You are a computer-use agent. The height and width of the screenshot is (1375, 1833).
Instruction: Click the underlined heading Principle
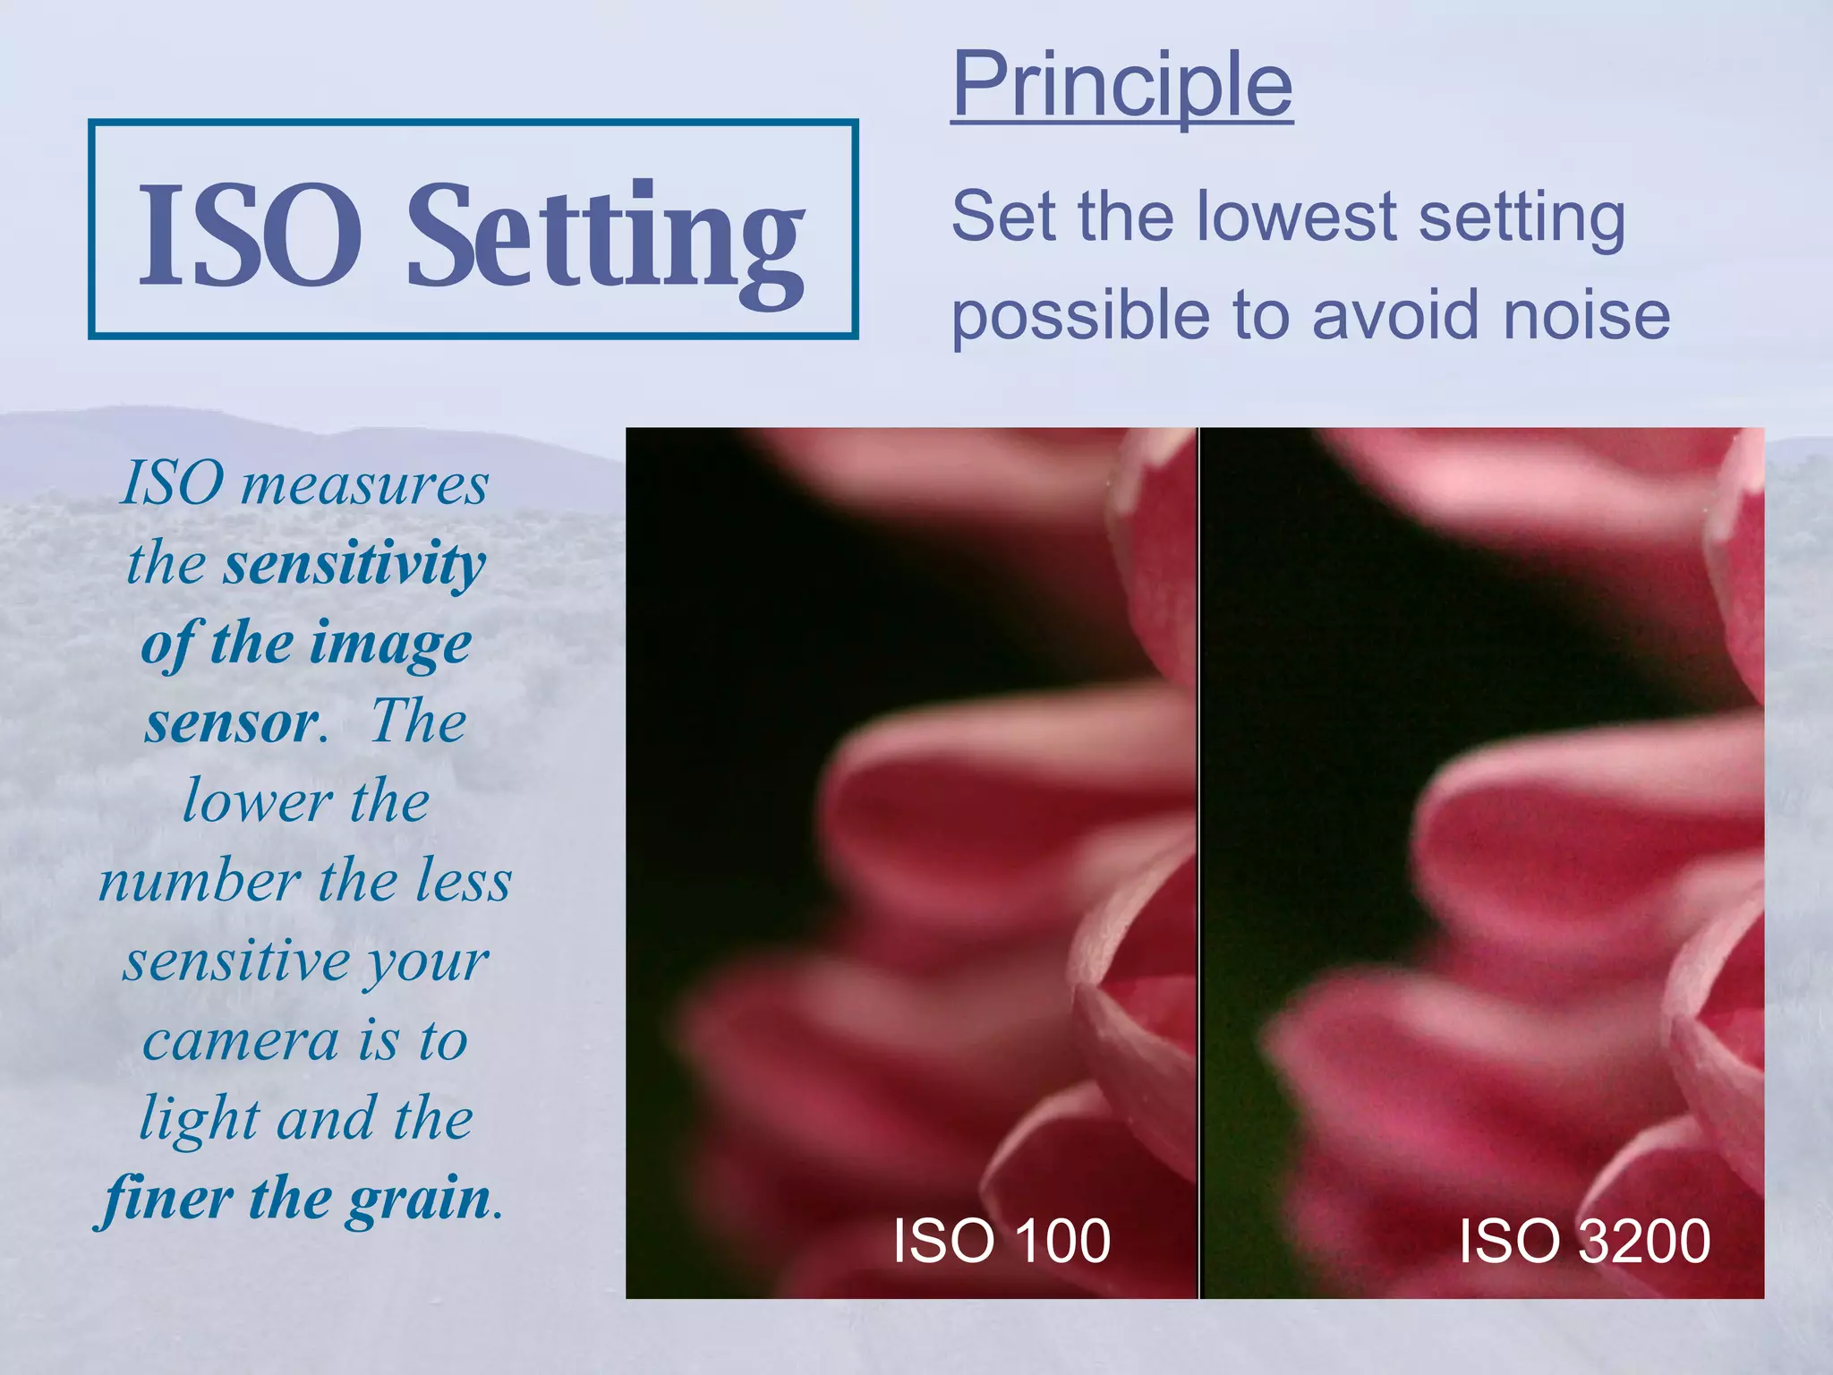(1121, 85)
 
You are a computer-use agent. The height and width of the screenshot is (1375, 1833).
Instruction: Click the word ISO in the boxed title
(251, 235)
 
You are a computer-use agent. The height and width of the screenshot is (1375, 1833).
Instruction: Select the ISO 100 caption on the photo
(1002, 1241)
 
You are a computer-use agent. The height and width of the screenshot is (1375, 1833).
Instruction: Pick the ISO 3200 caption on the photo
(1584, 1241)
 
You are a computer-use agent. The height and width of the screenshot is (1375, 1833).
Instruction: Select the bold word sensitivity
(354, 565)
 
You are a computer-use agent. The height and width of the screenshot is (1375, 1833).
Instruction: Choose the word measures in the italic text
(364, 484)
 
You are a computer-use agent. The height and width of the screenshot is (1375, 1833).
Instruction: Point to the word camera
(241, 1040)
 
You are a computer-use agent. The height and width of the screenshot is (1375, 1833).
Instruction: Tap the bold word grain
(419, 1200)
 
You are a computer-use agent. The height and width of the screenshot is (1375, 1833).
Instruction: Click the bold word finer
(168, 1198)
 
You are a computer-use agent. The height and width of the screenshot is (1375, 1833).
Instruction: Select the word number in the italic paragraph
(199, 881)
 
